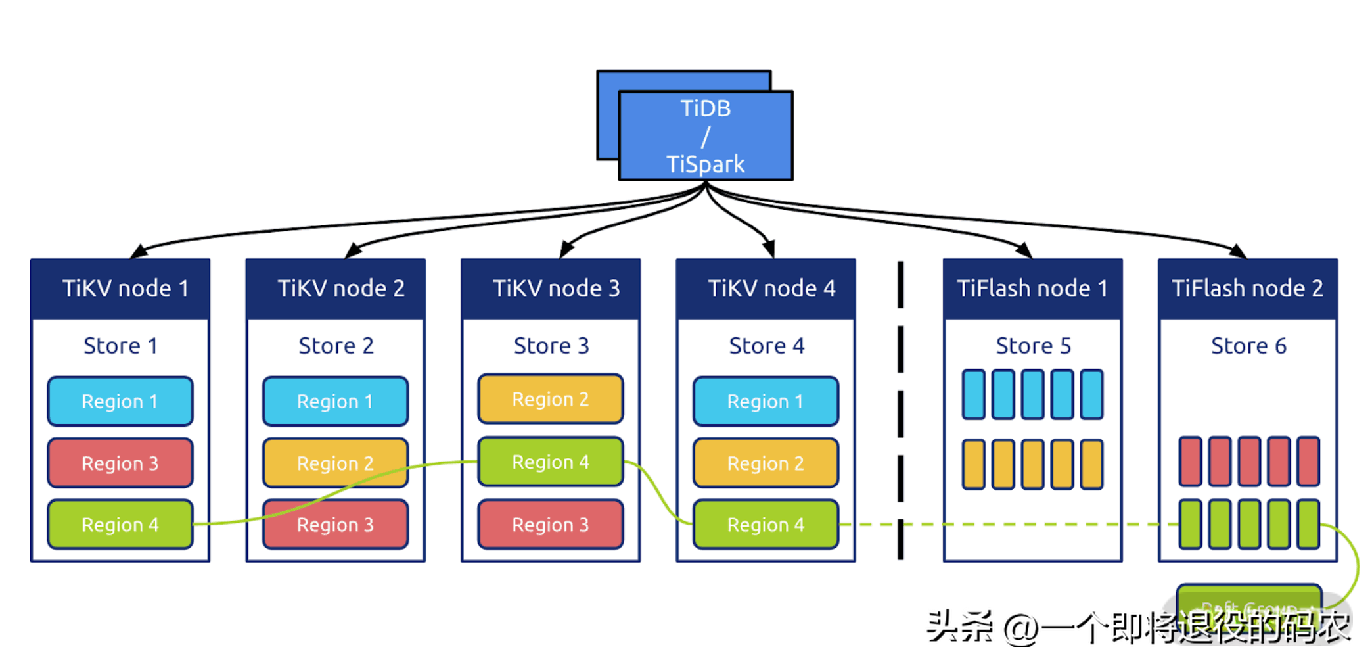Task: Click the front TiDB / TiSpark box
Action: click(706, 135)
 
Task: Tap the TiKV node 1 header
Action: click(120, 289)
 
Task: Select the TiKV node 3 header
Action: click(551, 289)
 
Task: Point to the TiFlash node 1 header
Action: click(1032, 289)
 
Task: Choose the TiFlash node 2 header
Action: click(1247, 289)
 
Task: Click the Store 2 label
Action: click(336, 346)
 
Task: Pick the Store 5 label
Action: click(1033, 346)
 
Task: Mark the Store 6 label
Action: click(1248, 346)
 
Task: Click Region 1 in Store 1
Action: click(120, 401)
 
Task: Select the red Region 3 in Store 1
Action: click(120, 463)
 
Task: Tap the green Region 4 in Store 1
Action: click(120, 525)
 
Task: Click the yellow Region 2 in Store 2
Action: click(336, 463)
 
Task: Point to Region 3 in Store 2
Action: click(336, 525)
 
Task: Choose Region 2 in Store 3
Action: click(551, 399)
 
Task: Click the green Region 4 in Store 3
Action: click(551, 462)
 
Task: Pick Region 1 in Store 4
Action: click(766, 401)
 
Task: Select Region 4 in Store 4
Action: click(766, 525)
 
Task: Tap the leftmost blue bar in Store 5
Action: click(973, 394)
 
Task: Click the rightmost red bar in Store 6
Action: click(1308, 462)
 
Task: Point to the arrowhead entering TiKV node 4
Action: click(769, 249)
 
